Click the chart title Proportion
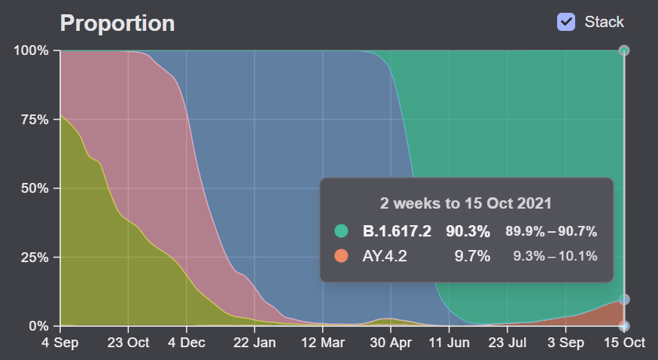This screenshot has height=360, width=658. (117, 23)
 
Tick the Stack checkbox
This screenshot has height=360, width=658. (566, 22)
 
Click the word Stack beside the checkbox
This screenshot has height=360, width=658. (604, 22)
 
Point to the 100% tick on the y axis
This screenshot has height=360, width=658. (31, 50)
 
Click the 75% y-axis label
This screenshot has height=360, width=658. (34, 120)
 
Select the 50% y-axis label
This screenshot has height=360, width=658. (34, 188)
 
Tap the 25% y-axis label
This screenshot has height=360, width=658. (34, 258)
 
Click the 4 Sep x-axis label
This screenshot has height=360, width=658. (60, 343)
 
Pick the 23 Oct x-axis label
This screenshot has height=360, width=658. (128, 343)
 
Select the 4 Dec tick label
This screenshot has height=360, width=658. (186, 343)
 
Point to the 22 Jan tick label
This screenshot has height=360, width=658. (254, 343)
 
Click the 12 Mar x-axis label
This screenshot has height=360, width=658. (322, 343)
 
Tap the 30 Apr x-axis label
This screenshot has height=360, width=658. (390, 343)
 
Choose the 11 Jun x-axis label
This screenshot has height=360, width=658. (449, 343)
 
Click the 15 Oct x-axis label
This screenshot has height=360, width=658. (623, 343)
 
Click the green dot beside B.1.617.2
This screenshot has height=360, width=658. (342, 231)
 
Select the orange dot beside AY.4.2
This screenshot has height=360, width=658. (342, 256)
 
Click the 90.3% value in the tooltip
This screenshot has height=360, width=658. (468, 231)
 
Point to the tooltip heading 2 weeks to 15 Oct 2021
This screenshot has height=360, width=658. (466, 204)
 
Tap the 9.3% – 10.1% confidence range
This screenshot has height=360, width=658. (555, 256)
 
